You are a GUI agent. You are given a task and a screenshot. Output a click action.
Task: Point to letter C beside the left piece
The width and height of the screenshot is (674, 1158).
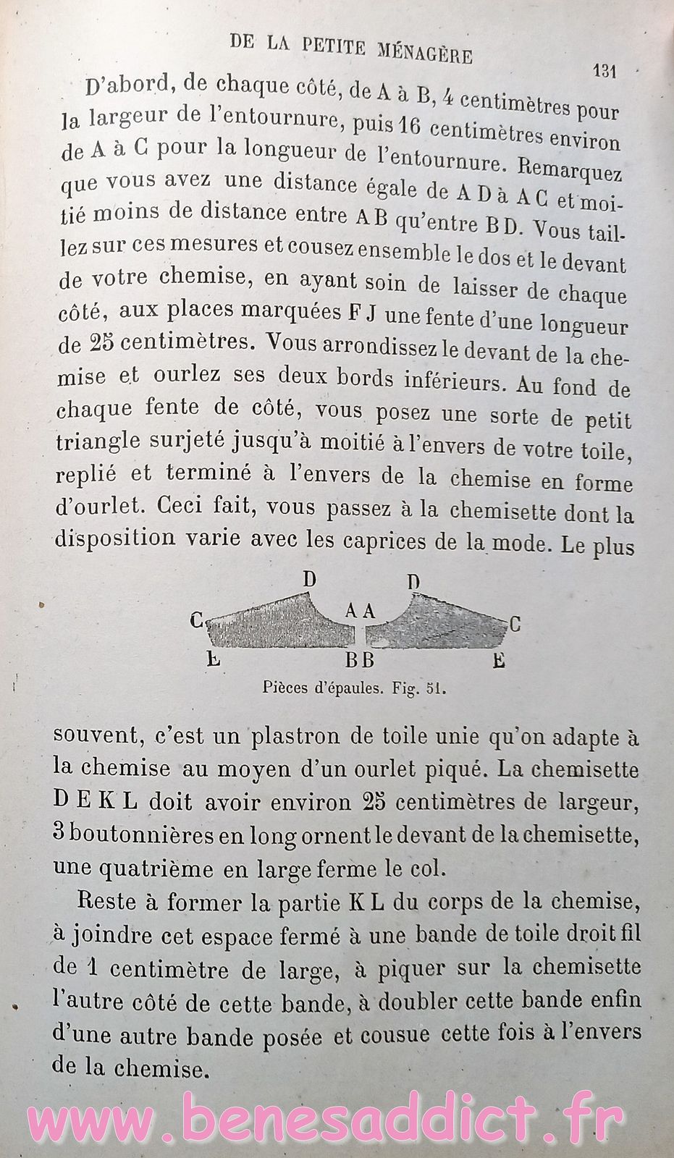pos(195,620)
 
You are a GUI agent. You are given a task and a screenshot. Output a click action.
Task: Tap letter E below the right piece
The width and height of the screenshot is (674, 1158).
pos(498,659)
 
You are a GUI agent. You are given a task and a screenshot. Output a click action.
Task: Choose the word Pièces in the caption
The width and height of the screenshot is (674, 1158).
pos(286,688)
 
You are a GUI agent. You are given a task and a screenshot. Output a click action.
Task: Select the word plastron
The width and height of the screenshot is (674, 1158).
pos(292,739)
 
